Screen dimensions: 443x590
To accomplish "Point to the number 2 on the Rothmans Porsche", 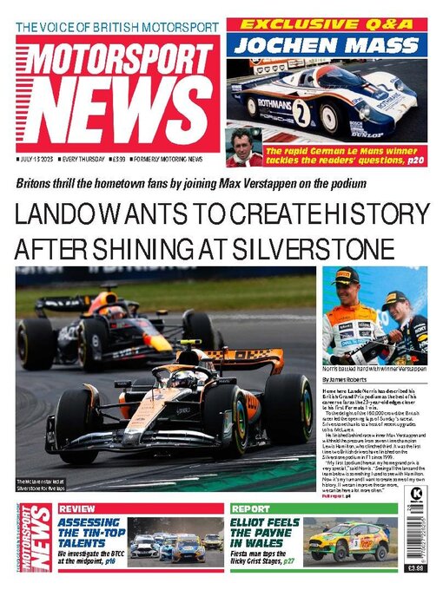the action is pos(301,111).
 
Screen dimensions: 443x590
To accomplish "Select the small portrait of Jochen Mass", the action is pos(244,146).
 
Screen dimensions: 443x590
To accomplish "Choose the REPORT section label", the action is pos(251,508).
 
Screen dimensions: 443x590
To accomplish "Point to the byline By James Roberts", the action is pos(347,380).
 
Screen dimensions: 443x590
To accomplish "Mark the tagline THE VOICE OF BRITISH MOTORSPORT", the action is pos(118,27).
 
